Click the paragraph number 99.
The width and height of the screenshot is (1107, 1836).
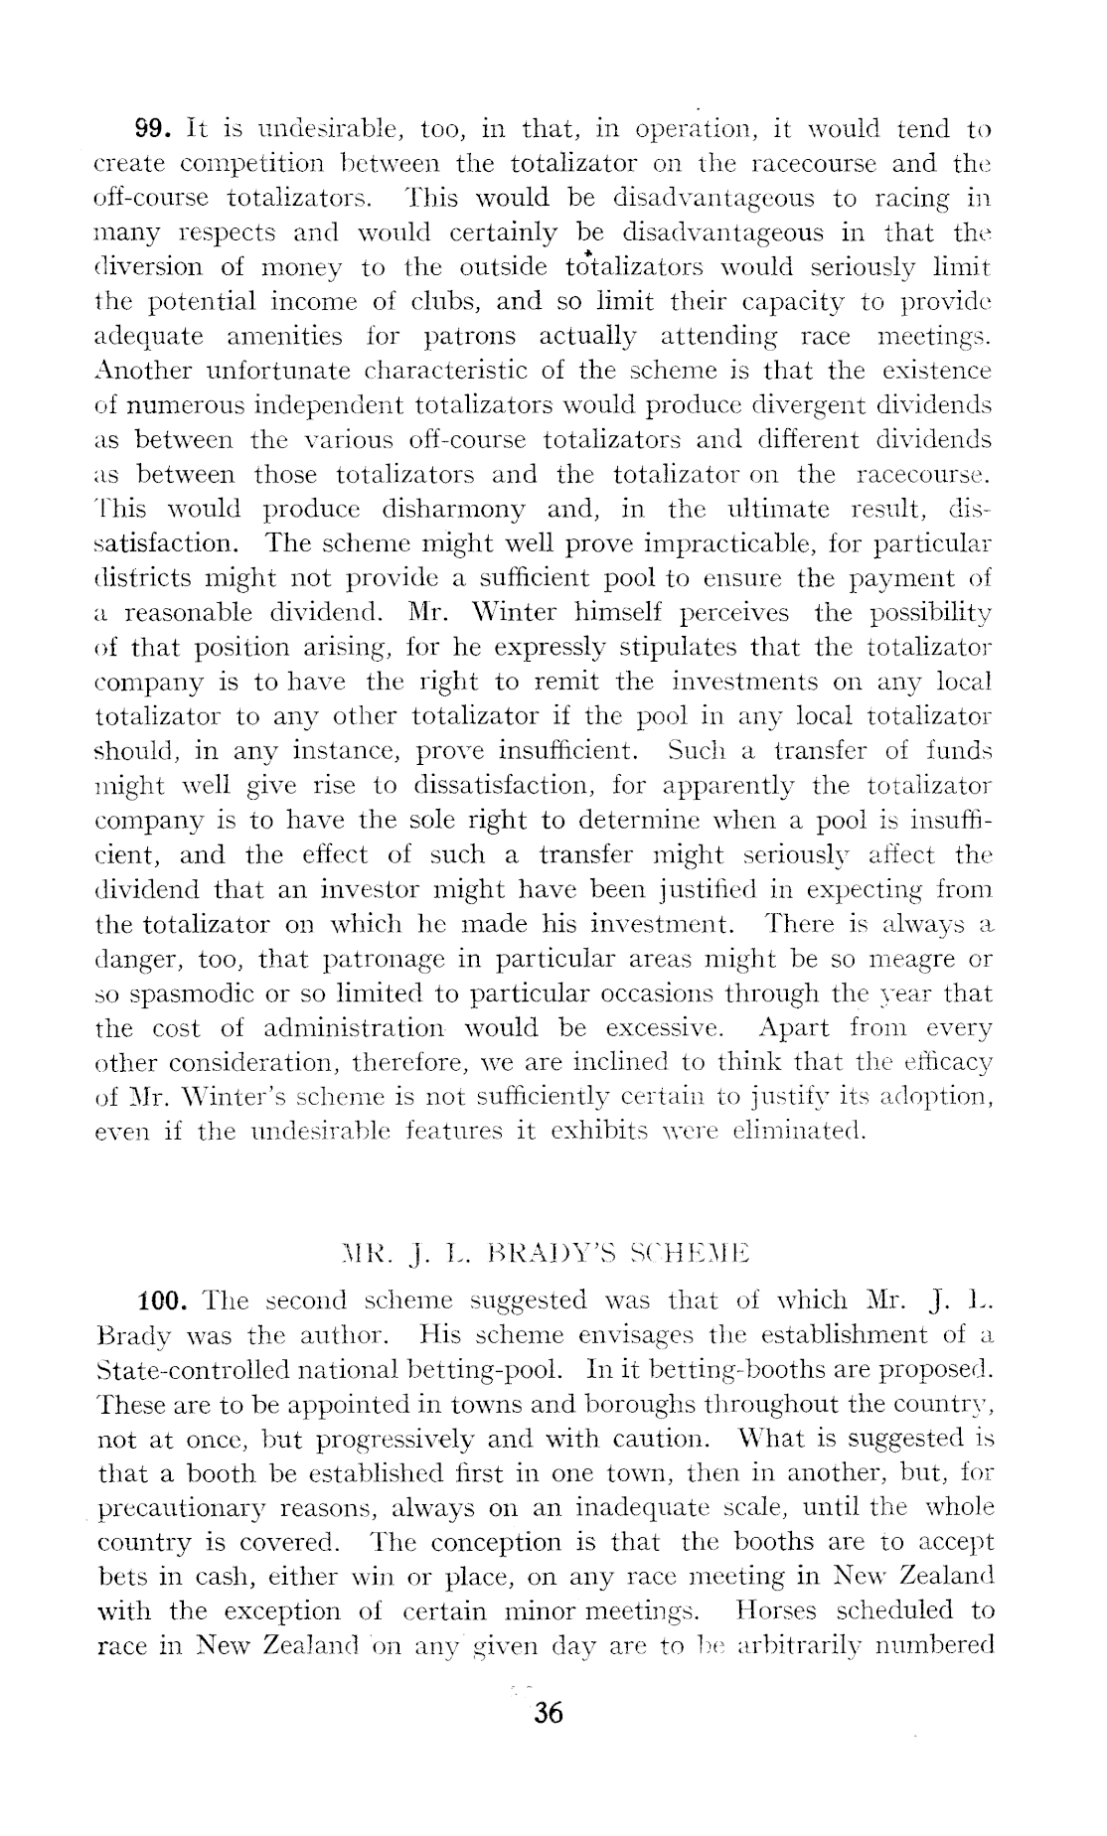point(154,129)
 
